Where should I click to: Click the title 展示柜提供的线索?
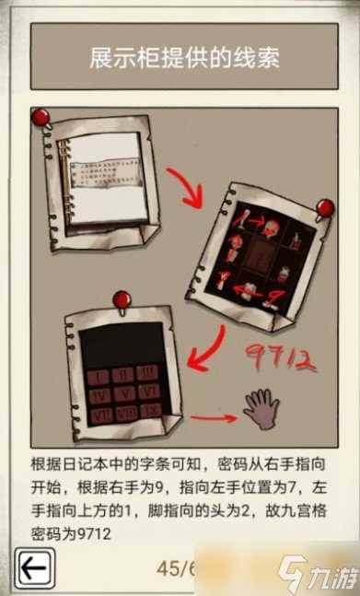(x=184, y=59)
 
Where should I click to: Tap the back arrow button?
(x=33, y=569)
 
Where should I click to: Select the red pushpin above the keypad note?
(x=119, y=300)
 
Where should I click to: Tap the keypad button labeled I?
(x=98, y=376)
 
